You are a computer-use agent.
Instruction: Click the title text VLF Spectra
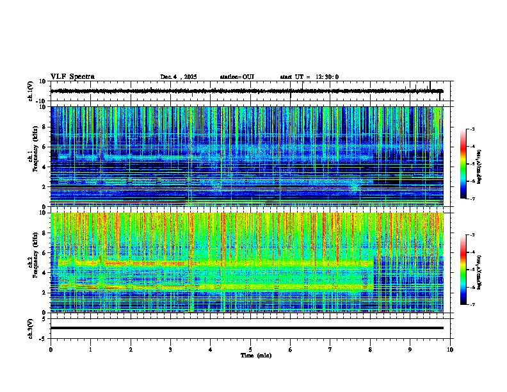pyautogui.click(x=72, y=77)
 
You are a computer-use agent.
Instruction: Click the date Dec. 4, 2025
pyautogui.click(x=181, y=77)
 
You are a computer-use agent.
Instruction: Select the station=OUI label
pyautogui.click(x=237, y=77)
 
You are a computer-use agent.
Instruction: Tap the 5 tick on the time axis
pyautogui.click(x=250, y=350)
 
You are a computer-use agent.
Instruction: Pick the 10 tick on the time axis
pyautogui.click(x=450, y=350)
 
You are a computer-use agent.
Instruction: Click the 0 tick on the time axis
pyautogui.click(x=51, y=350)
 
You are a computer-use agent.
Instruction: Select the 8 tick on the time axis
pyautogui.click(x=370, y=350)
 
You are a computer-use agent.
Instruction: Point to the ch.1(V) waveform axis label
pyautogui.click(x=31, y=92)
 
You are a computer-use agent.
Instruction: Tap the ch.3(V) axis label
pyautogui.click(x=31, y=328)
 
